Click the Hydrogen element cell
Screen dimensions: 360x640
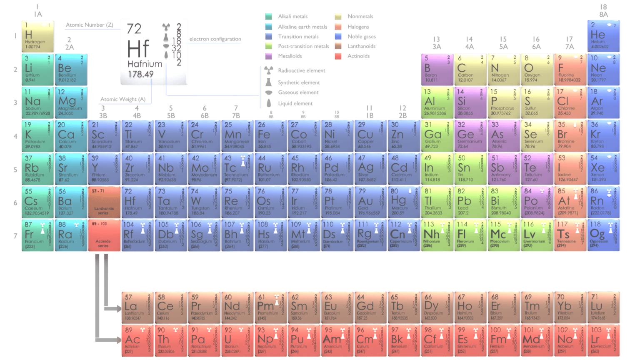[37, 36]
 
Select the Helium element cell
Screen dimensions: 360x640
[603, 36]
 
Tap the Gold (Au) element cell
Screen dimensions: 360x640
[370, 202]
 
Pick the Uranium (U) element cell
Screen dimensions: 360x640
[237, 341]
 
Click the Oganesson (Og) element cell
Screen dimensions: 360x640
[603, 235]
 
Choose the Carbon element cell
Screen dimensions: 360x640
[470, 69]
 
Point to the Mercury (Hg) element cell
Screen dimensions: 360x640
[404, 202]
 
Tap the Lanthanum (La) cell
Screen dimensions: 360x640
[137, 307]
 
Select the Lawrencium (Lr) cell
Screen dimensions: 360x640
[603, 341]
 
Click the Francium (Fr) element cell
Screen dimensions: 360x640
[37, 235]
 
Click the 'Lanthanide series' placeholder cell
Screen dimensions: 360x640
[104, 202]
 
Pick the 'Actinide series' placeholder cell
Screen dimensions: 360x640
[104, 235]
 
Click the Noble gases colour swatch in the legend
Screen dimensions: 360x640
[338, 36]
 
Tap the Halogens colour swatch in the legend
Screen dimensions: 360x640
[338, 27]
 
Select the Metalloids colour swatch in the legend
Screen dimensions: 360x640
[269, 56]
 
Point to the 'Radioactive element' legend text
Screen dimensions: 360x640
[302, 71]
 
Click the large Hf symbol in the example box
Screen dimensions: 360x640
[138, 49]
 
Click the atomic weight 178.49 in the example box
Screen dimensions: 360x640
[141, 74]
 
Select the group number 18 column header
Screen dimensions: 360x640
[603, 7]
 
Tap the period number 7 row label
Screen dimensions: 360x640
[15, 236]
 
